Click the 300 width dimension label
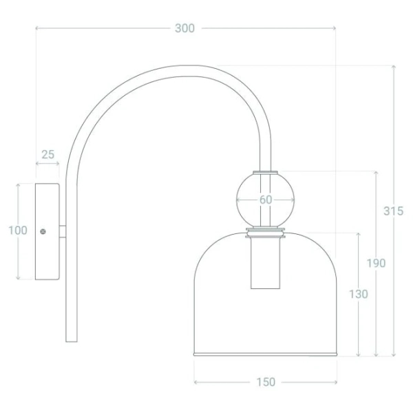pyautogui.click(x=184, y=28)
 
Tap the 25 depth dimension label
pyautogui.click(x=48, y=154)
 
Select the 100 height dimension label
pyautogui.click(x=18, y=230)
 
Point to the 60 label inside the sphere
pyautogui.click(x=266, y=200)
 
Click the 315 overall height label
pyautogui.click(x=393, y=211)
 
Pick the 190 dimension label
pyautogui.click(x=376, y=263)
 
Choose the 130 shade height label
pyautogui.click(x=358, y=294)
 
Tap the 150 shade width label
pyautogui.click(x=266, y=382)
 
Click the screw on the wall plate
pyautogui.click(x=43, y=231)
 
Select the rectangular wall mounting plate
pyautogui.click(x=47, y=231)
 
